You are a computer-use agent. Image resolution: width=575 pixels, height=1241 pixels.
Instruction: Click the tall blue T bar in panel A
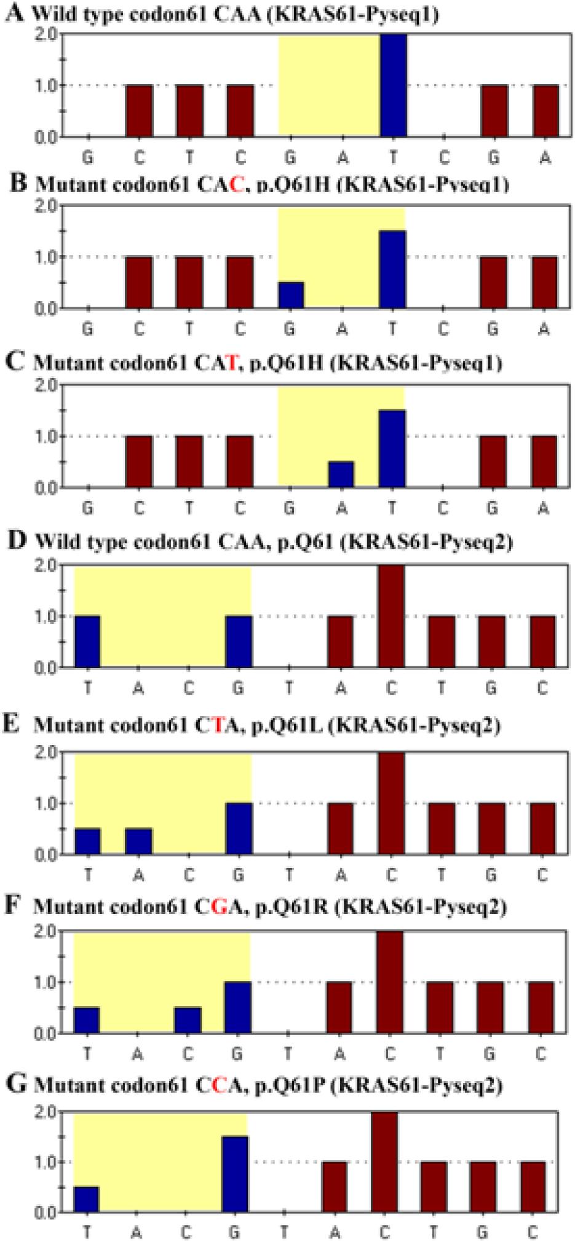(393, 85)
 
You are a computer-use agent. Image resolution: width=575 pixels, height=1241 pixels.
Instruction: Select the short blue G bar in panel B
(291, 295)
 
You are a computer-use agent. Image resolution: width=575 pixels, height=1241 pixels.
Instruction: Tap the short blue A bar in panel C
(341, 474)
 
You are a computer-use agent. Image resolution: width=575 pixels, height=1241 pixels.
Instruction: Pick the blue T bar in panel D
(87, 642)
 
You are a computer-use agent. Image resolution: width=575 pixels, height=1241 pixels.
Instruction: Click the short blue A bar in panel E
(138, 841)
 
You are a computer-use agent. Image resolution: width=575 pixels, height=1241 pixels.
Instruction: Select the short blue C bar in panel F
(188, 1020)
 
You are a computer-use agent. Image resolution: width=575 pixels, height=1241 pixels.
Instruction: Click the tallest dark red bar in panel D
(391, 616)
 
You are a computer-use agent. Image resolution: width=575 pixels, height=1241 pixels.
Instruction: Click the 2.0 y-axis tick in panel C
(47, 386)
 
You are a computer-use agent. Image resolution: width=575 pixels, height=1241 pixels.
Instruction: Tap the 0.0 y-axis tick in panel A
(47, 136)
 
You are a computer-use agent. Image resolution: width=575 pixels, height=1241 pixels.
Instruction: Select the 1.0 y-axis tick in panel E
(47, 803)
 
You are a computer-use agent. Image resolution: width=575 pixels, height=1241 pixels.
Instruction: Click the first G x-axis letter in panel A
(88, 159)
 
